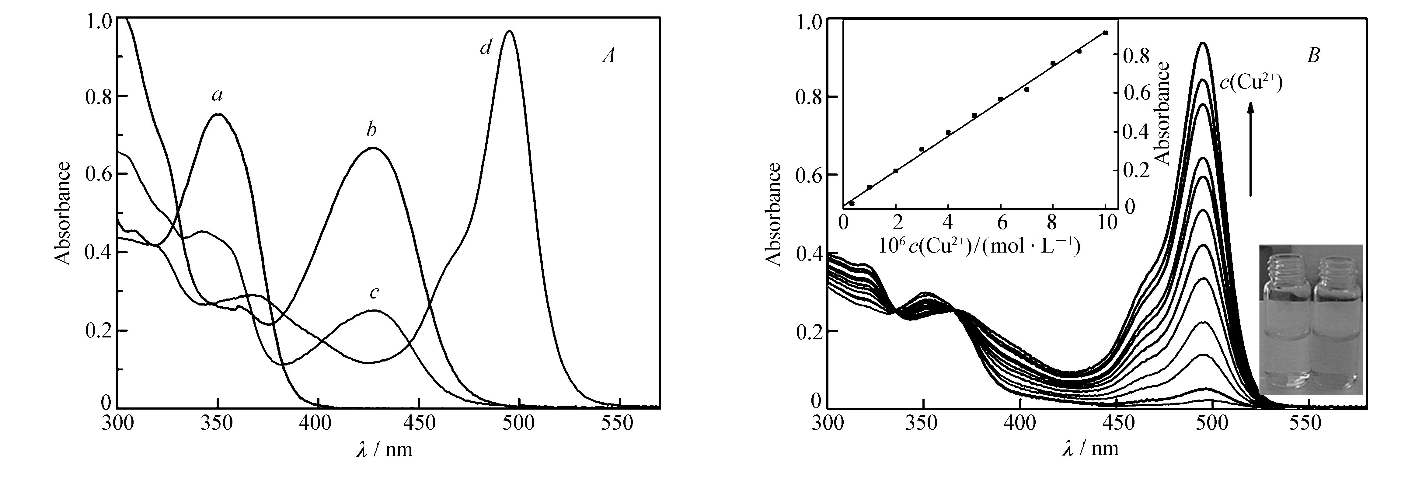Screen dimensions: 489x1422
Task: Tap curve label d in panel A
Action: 485,49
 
